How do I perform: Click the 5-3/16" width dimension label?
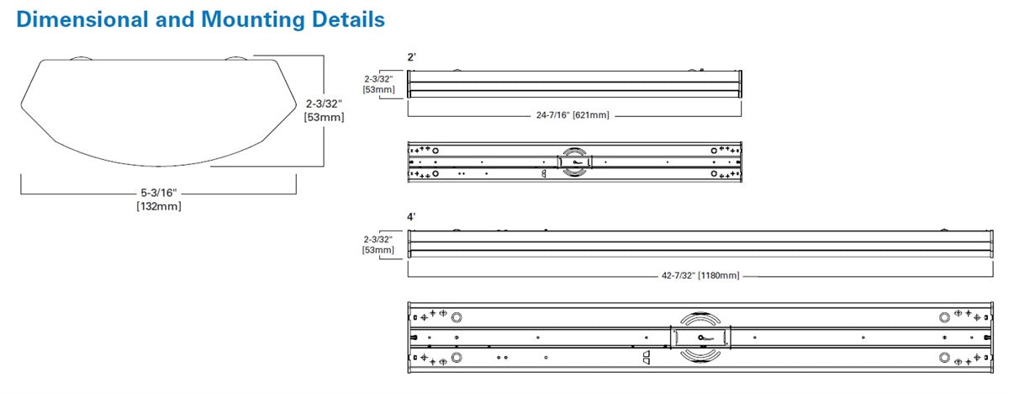pyautogui.click(x=158, y=194)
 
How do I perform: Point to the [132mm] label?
pyautogui.click(x=158, y=206)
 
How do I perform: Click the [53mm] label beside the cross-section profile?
pyautogui.click(x=324, y=117)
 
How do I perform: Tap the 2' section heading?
pyautogui.click(x=411, y=57)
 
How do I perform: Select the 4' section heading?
pyautogui.click(x=411, y=216)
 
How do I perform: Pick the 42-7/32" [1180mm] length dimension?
pyautogui.click(x=700, y=275)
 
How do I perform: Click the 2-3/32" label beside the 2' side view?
pyautogui.click(x=378, y=77)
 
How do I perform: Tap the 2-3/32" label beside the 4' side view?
pyautogui.click(x=378, y=239)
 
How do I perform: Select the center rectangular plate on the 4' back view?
pyautogui.click(x=700, y=337)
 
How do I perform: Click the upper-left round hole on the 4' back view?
pyautogui.click(x=457, y=317)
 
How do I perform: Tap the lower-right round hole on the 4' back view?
pyautogui.click(x=943, y=357)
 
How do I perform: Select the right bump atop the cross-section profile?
pyautogui.click(x=236, y=59)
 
